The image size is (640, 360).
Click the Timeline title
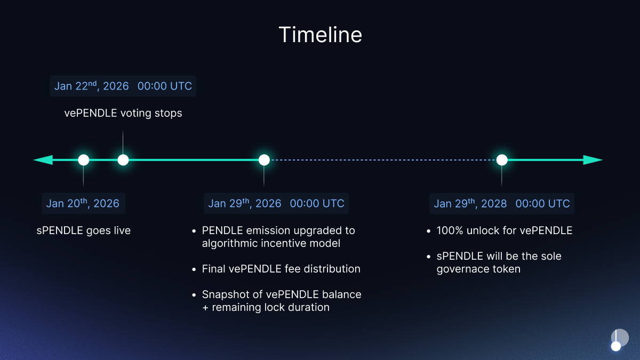[320, 35]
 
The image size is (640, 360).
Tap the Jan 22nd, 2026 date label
[123, 86]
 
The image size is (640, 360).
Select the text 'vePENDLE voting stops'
[123, 113]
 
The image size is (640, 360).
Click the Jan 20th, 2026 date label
[83, 203]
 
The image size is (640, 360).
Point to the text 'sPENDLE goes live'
[84, 231]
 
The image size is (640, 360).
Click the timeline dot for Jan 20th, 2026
[83, 159]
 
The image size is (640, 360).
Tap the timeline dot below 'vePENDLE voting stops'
[123, 159]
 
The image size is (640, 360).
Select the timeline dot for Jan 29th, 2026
[264, 159]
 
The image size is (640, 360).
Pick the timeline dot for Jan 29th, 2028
[501, 159]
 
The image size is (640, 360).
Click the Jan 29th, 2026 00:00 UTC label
[276, 203]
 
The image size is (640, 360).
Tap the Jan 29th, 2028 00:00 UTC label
[502, 203]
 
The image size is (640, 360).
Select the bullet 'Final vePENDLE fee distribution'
[281, 269]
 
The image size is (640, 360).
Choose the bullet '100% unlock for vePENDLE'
[504, 231]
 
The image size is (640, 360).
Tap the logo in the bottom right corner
[619, 340]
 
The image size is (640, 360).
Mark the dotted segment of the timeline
[383, 159]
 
